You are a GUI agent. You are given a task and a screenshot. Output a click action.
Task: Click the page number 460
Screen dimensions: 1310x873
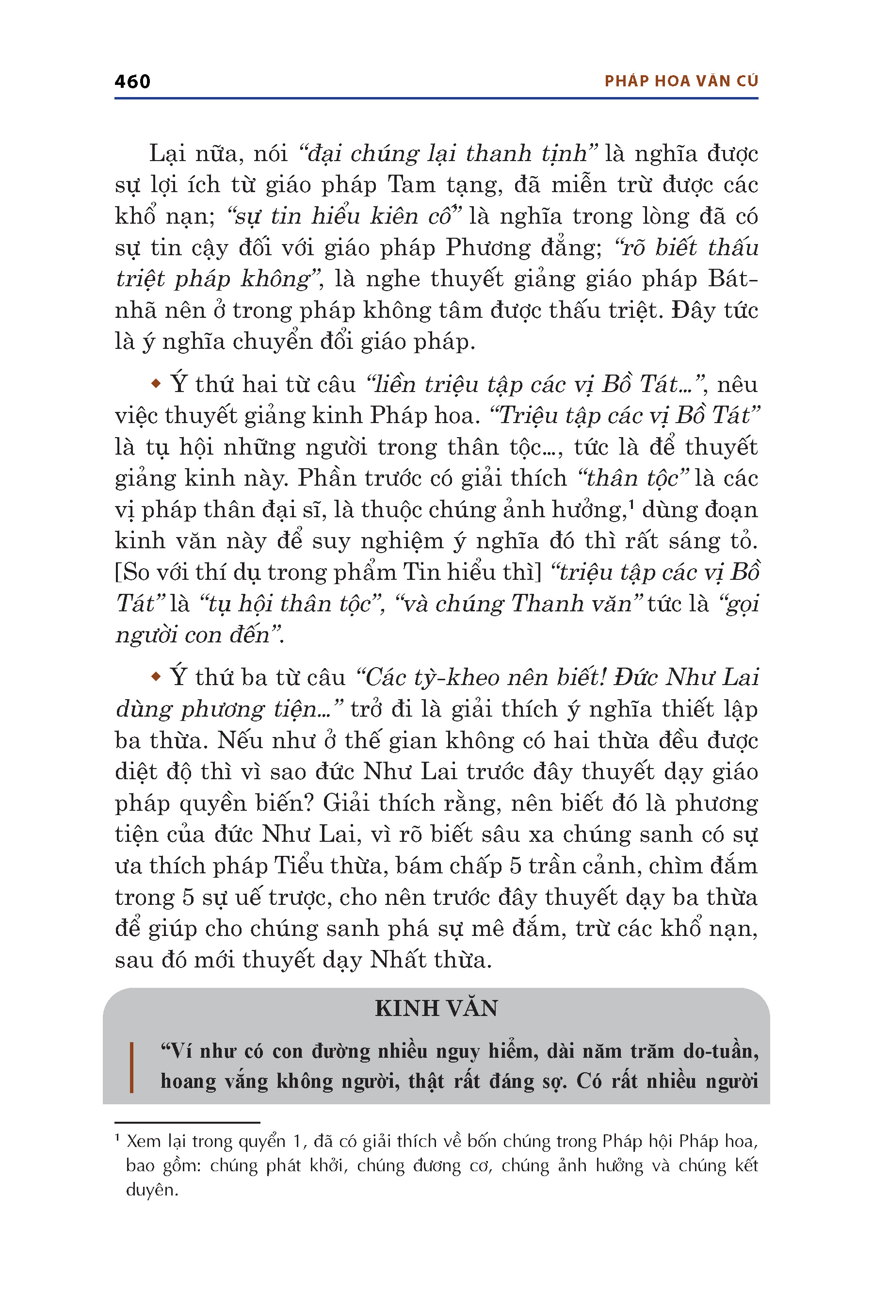(132, 82)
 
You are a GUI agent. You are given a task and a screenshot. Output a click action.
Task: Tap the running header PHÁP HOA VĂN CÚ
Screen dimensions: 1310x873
(681, 82)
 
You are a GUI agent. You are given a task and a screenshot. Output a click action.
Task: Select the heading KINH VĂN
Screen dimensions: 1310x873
(436, 1008)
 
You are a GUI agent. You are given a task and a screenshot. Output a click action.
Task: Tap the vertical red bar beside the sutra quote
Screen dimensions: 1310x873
(131, 1067)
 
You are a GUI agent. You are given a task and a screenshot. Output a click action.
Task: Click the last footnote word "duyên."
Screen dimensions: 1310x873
(152, 1190)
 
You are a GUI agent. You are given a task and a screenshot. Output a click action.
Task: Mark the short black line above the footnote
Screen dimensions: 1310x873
(187, 1122)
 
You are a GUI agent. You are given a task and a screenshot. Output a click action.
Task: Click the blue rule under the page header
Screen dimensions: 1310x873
(436, 98)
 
